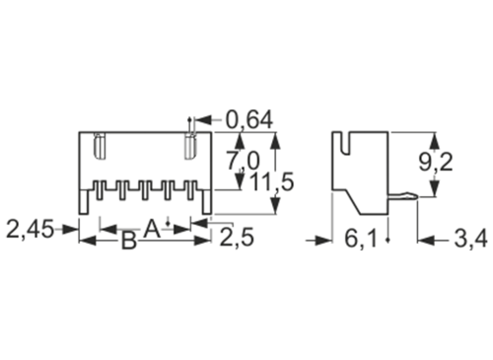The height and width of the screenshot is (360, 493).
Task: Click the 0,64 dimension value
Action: [250, 120]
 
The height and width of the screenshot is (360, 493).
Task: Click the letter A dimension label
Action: [151, 228]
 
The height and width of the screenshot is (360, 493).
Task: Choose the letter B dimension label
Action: [128, 242]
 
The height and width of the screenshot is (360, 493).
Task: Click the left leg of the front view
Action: [84, 202]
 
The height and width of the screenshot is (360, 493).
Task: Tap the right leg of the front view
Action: [206, 202]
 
